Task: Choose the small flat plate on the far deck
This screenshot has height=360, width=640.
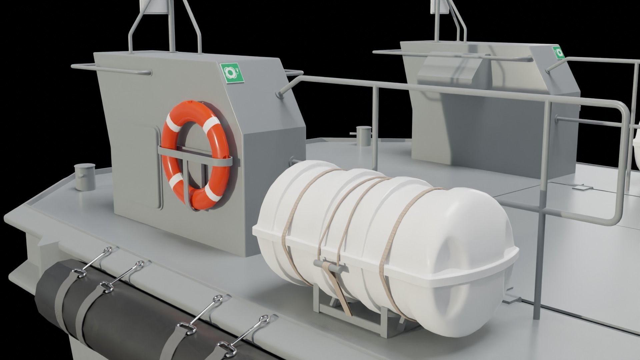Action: pyautogui.click(x=582, y=189)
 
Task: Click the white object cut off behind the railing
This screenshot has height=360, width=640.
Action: pyautogui.click(x=636, y=147)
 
